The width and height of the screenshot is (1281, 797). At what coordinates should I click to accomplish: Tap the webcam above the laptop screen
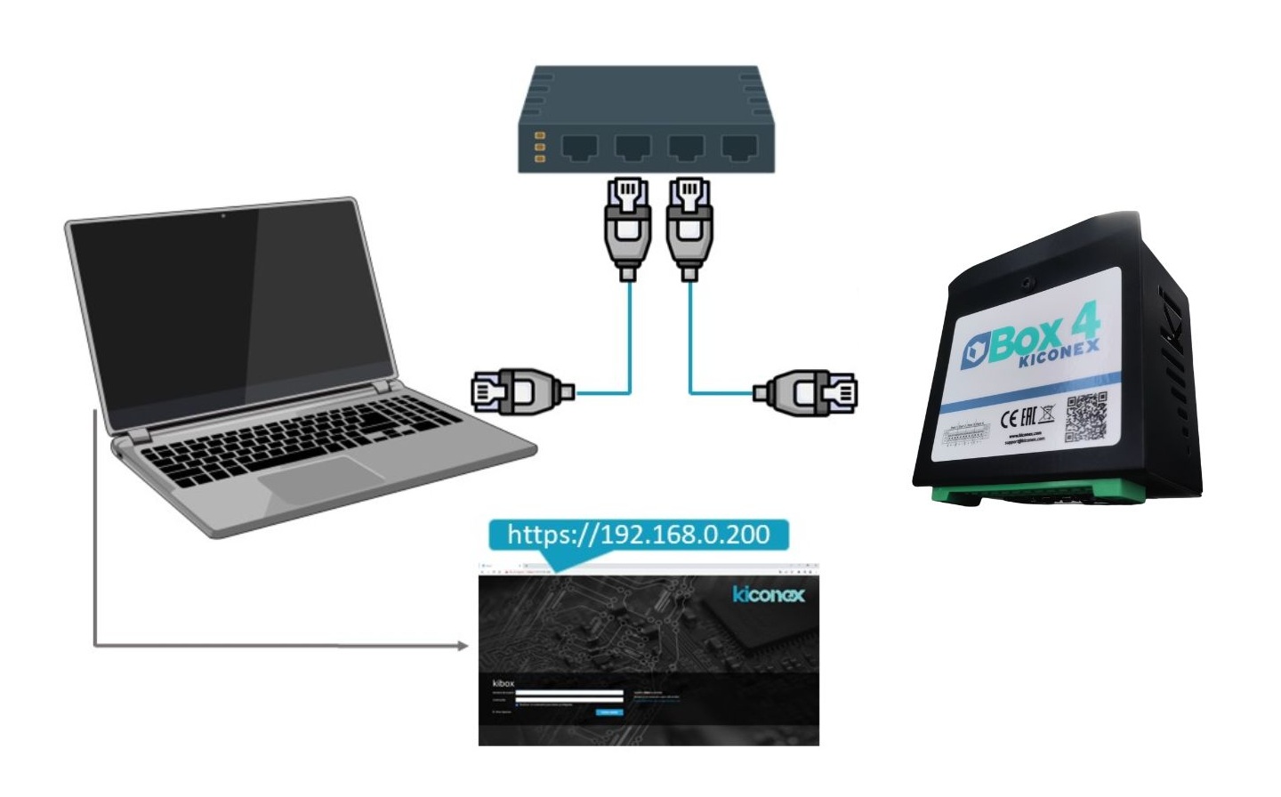click(x=223, y=215)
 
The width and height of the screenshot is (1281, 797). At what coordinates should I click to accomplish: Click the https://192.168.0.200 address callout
click(x=638, y=535)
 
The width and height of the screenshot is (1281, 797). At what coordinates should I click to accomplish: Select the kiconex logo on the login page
click(x=769, y=594)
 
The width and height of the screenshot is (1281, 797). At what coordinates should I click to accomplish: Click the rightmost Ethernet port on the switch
click(x=738, y=147)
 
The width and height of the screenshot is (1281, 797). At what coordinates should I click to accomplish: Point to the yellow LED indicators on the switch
click(x=538, y=147)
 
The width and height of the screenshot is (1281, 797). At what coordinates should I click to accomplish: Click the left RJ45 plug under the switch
click(x=627, y=227)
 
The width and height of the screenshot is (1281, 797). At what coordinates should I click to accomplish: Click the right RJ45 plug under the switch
click(x=689, y=227)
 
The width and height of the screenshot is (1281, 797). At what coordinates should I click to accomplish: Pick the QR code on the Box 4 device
click(x=1085, y=416)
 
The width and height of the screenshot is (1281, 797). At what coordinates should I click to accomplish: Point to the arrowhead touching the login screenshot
click(x=462, y=645)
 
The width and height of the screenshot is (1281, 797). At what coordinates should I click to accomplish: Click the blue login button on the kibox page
click(x=610, y=712)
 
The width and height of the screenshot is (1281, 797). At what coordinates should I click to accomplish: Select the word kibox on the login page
click(x=503, y=683)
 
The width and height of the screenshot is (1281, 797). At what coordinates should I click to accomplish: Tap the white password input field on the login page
click(x=569, y=700)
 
